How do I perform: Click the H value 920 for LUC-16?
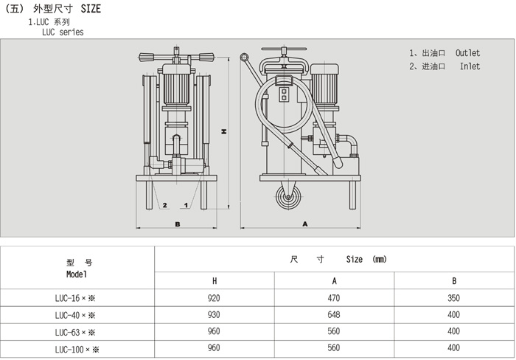(x=215, y=299)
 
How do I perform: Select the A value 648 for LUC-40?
(x=334, y=315)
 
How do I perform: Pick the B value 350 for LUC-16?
(x=453, y=299)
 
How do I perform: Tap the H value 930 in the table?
(x=215, y=315)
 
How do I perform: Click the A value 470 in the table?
(x=334, y=299)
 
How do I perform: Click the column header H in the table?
(x=215, y=281)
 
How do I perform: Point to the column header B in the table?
(x=453, y=281)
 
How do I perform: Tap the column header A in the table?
(x=334, y=281)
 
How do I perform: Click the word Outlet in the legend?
(x=467, y=53)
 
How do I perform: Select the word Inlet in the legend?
(x=470, y=66)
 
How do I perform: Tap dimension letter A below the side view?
(x=304, y=223)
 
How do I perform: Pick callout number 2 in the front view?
(x=165, y=204)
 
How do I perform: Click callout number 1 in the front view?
(x=186, y=204)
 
